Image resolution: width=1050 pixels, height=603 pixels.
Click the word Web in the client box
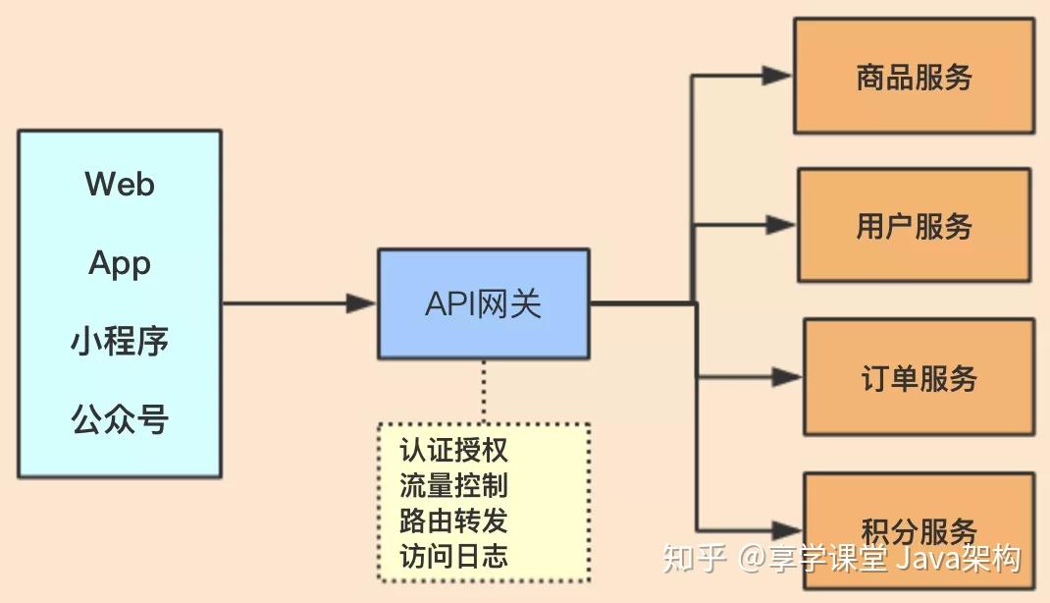[x=120, y=184]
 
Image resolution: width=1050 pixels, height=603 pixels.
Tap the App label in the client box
[x=120, y=263]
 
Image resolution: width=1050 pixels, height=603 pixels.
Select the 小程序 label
[x=120, y=341]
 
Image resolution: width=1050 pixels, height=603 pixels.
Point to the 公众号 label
[x=120, y=419]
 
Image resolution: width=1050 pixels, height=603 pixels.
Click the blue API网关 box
[x=484, y=303]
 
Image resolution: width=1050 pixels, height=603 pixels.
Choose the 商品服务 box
[x=914, y=78]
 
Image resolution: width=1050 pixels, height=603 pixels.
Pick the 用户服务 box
[x=914, y=226]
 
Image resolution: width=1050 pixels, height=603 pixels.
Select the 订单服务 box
[x=919, y=377]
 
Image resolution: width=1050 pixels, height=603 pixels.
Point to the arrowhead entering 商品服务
[x=777, y=76]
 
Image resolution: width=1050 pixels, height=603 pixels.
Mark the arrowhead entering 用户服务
[x=781, y=226]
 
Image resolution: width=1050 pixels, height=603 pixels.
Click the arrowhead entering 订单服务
[x=787, y=376]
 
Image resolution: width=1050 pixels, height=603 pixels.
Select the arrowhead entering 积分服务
[x=787, y=528]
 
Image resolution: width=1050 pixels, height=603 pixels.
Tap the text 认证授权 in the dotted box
[x=453, y=451]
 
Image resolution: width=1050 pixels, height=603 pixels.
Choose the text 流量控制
[x=453, y=486]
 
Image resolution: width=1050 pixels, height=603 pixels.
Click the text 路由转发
[x=453, y=521]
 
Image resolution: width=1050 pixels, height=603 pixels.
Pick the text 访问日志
[x=453, y=556]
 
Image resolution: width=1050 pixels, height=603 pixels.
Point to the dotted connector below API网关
[x=483, y=391]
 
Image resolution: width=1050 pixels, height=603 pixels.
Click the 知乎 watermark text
[x=694, y=559]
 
